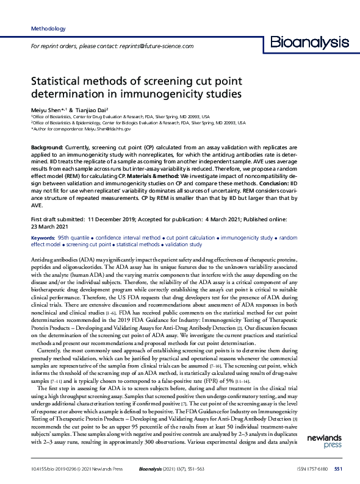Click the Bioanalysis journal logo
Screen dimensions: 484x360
coord(310,43)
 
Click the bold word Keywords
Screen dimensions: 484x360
coord(43,236)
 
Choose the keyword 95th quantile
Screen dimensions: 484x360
coord(76,236)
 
